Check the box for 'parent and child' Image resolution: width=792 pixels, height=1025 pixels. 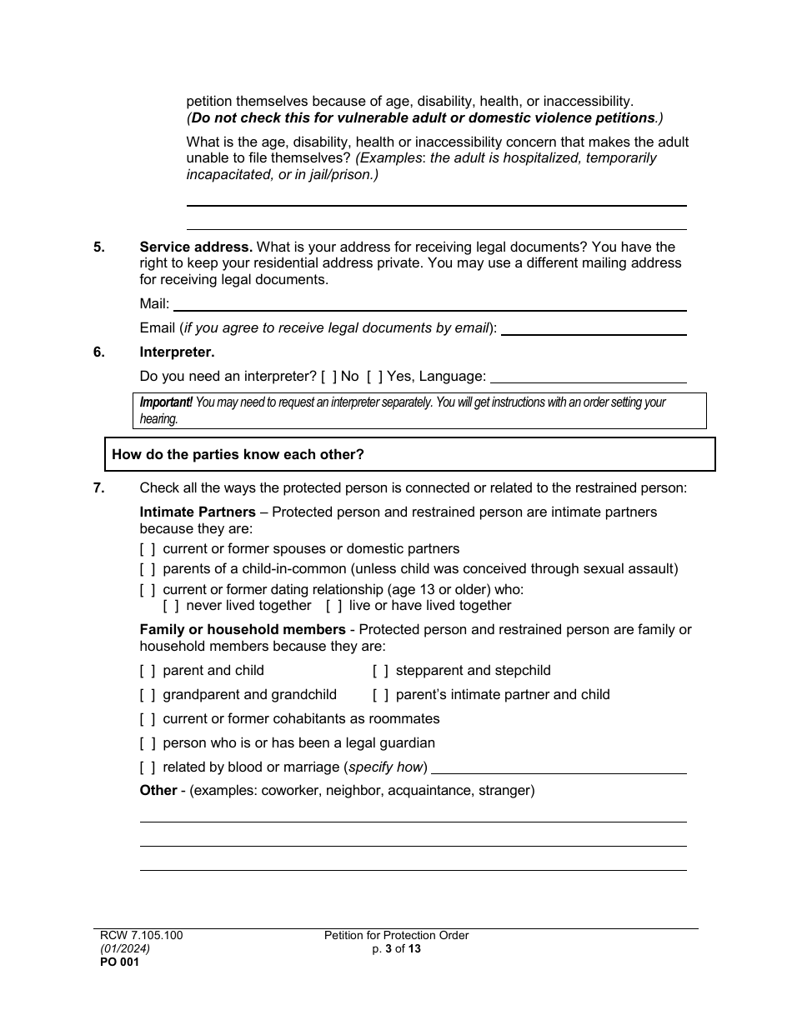tap(148, 671)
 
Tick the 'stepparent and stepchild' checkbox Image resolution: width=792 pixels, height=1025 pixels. tap(380, 671)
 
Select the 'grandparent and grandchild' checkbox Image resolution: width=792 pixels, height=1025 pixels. tap(148, 695)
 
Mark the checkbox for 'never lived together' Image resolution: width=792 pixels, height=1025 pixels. tap(171, 606)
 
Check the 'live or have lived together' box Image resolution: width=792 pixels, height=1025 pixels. tap(333, 606)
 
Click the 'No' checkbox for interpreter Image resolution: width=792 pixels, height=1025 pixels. tap(328, 377)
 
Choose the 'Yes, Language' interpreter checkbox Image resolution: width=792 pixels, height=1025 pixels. tap(375, 377)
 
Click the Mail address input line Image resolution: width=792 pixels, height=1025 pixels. tap(429, 305)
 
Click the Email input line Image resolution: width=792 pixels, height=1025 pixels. tap(594, 329)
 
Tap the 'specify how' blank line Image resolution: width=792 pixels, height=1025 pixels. tap(559, 767)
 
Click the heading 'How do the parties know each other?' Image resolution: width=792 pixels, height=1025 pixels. tap(238, 455)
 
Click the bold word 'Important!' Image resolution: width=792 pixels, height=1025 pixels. tap(166, 402)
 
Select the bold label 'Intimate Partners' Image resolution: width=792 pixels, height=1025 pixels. tap(198, 512)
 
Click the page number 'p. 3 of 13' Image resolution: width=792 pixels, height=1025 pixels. tap(396, 948)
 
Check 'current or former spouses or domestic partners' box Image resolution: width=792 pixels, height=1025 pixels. tap(148, 549)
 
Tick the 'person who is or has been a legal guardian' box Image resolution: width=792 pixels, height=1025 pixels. tap(148, 743)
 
